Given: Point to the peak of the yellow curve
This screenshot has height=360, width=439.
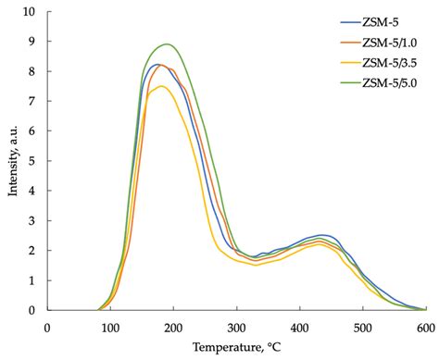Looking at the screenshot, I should coord(162,86).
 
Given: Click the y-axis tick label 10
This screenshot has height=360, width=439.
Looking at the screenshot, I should coord(29,12).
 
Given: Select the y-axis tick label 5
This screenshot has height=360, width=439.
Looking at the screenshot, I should coord(32,161).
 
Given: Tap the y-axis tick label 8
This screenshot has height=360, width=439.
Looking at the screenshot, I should coord(32,71).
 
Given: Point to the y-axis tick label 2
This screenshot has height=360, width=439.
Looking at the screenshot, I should coord(32,251).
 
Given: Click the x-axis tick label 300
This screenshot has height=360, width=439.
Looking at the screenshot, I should coord(236,327).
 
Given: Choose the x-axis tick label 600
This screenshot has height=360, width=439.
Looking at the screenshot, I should coord(425,327).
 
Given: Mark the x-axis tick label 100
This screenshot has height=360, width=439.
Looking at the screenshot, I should coord(110,327).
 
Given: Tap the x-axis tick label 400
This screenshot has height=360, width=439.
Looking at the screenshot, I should coord(299,327).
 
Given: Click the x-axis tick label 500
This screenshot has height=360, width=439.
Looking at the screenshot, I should coord(362,327).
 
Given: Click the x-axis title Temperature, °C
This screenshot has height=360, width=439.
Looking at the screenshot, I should coord(236,348).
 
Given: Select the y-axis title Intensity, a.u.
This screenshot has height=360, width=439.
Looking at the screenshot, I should coord(10,162).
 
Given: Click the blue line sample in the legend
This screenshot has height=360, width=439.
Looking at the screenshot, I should coord(352,23).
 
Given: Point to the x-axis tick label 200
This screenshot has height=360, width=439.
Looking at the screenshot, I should coord(173,327).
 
